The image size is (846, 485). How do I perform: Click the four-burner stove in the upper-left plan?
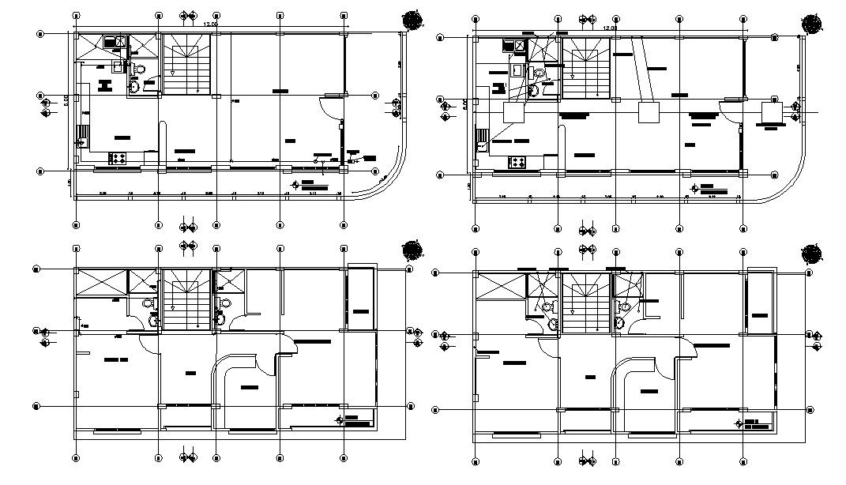pos(118,158)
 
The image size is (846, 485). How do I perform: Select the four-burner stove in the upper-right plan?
pos(517,163)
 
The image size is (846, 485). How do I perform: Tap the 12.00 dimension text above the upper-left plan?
pos(211,25)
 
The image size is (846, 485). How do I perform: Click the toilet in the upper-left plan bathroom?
pos(135,87)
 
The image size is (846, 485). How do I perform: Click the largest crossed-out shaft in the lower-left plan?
pos(100,283)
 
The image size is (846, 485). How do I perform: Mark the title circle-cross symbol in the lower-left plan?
pos(340,419)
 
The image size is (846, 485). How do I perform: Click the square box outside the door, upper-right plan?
pos(770,112)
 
